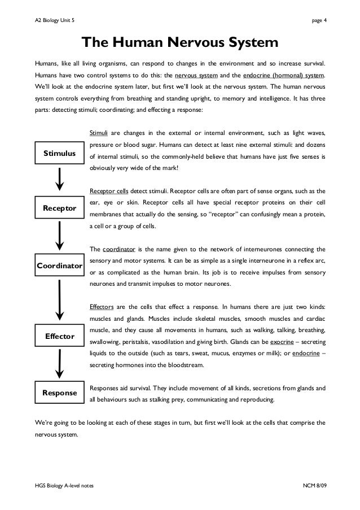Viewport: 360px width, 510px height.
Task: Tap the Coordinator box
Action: pos(59,265)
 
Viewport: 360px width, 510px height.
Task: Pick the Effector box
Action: pos(59,337)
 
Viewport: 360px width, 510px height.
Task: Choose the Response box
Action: pos(59,393)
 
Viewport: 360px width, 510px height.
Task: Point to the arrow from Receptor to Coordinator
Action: pos(60,236)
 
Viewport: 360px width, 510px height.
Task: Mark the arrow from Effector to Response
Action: pos(60,365)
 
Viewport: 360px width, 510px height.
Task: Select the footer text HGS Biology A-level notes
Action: pos(64,487)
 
